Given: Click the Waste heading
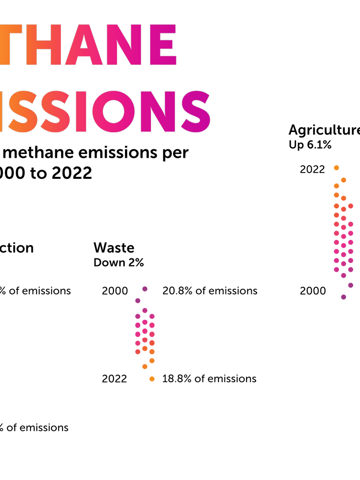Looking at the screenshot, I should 114,248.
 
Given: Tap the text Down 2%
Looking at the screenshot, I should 119,263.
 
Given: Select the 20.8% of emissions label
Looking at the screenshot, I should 210,291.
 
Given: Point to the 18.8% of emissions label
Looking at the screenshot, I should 209,378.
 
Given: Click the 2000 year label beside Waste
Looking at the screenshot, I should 115,291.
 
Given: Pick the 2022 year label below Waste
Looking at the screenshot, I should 114,378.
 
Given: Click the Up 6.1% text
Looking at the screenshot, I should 310,145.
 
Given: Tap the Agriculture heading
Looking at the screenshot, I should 324,130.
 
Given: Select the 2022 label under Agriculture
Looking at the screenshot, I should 312,169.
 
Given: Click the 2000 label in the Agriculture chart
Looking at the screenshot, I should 313,291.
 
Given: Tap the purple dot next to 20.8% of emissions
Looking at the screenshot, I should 145,289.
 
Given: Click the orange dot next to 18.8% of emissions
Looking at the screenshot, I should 152,378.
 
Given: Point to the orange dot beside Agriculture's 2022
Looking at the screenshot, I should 336,168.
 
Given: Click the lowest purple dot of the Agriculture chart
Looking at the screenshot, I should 343,297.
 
